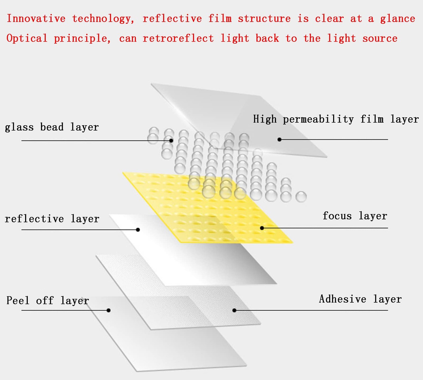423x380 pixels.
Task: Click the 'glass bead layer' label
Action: [x=52, y=127]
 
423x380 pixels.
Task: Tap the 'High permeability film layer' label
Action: [x=336, y=119]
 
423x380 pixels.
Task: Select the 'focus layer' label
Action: [x=355, y=216]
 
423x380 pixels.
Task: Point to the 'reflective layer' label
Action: [x=52, y=219]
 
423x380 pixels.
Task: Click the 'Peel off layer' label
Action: [x=48, y=300]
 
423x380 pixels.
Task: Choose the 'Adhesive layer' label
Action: [x=360, y=299]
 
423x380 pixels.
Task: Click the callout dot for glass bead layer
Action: [x=171, y=140]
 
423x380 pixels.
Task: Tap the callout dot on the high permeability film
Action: [x=280, y=139]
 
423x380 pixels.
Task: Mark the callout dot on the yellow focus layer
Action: [x=262, y=228]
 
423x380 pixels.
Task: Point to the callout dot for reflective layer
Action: [x=138, y=230]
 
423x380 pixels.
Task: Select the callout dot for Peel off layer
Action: [x=109, y=310]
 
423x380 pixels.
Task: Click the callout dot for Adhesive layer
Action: [x=234, y=311]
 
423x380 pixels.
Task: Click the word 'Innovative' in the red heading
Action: [x=36, y=19]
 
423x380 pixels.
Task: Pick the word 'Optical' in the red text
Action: [x=27, y=38]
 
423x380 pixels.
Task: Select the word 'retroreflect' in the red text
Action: [x=178, y=38]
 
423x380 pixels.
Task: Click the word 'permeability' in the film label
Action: [x=318, y=119]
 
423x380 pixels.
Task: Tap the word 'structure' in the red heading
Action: [x=264, y=19]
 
